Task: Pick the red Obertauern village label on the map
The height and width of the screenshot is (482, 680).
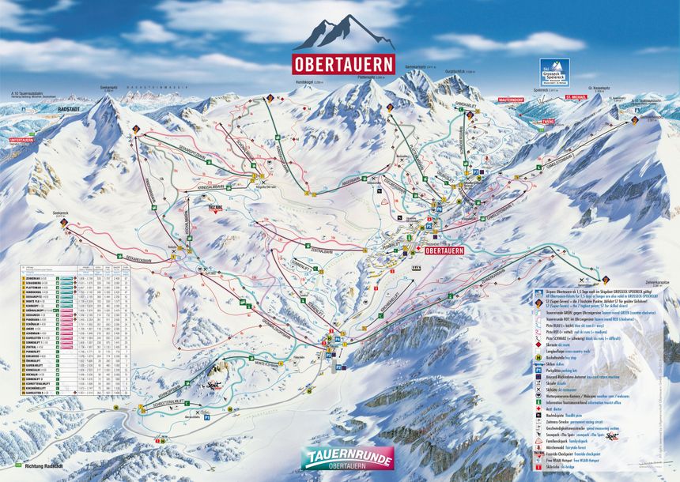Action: click(444, 250)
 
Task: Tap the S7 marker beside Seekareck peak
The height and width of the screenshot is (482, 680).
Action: click(63, 223)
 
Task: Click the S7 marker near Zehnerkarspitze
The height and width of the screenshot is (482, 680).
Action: click(606, 279)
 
